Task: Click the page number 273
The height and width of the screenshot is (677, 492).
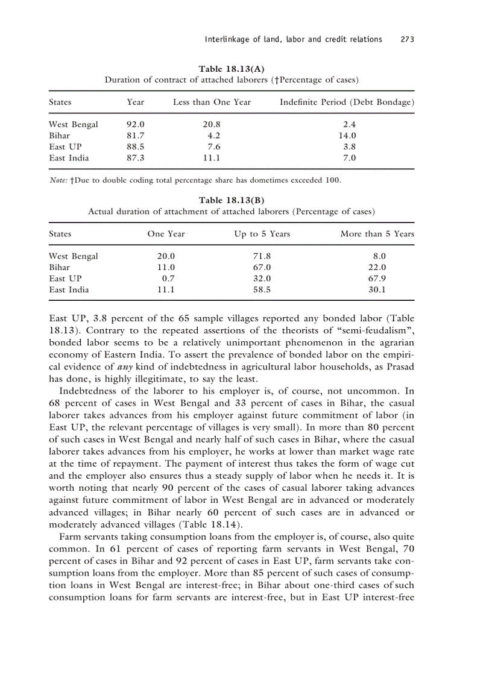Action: tap(407, 40)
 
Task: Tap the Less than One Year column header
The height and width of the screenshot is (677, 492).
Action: tap(212, 102)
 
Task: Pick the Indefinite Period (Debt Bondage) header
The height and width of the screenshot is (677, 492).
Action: tap(347, 102)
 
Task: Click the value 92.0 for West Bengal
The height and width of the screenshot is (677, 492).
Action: tap(135, 125)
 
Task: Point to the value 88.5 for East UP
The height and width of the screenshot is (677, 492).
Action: tap(135, 147)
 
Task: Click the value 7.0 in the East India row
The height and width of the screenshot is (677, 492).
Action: tap(349, 159)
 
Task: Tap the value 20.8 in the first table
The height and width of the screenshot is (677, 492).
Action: tap(211, 125)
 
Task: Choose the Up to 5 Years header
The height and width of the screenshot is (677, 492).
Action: tap(262, 234)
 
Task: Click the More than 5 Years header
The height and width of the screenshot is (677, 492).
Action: tap(377, 234)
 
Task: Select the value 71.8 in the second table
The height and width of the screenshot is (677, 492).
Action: tap(262, 256)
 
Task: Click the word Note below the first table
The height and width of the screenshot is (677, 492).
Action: tap(58, 180)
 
